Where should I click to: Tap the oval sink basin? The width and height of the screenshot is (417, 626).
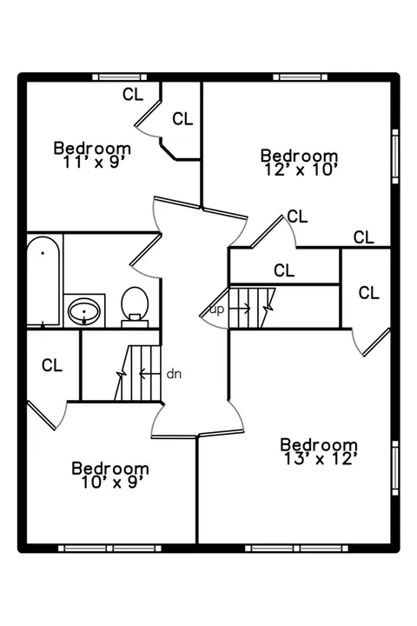pyautogui.click(x=84, y=311)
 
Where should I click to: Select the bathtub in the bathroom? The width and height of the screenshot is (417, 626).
pyautogui.click(x=43, y=281)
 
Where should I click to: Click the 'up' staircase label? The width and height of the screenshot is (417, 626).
pyautogui.click(x=217, y=310)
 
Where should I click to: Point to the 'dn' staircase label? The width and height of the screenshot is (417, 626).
pyautogui.click(x=174, y=374)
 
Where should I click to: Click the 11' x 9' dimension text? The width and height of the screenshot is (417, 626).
pyautogui.click(x=95, y=162)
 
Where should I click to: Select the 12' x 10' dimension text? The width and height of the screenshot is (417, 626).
pyautogui.click(x=301, y=170)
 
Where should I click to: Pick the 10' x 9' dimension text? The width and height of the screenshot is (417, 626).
pyautogui.click(x=112, y=483)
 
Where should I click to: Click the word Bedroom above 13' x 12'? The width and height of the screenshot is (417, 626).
pyautogui.click(x=319, y=445)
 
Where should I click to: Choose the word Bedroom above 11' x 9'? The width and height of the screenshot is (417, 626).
pyautogui.click(x=92, y=148)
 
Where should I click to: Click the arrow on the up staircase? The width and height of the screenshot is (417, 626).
pyautogui.click(x=240, y=308)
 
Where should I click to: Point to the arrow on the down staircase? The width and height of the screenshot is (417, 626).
pyautogui.click(x=149, y=374)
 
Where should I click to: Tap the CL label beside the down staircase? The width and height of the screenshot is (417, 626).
pyautogui.click(x=52, y=365)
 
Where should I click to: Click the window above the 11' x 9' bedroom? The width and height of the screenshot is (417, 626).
pyautogui.click(x=120, y=77)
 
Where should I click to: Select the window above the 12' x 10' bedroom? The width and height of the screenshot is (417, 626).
pyautogui.click(x=300, y=77)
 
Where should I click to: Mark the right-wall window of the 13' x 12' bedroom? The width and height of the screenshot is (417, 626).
pyautogui.click(x=395, y=468)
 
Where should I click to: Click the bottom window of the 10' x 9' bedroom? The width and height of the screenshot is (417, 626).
pyautogui.click(x=109, y=549)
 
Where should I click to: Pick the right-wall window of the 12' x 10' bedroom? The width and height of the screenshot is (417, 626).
pyautogui.click(x=395, y=156)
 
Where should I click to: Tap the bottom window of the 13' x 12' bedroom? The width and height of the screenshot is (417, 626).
pyautogui.click(x=296, y=549)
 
